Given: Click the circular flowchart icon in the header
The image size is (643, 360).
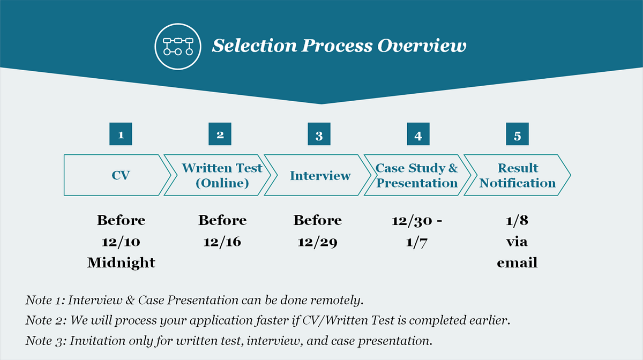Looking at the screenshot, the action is pos(178,47).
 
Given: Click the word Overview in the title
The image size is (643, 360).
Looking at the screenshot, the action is pos(422,46).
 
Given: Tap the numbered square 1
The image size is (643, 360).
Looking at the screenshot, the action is pos(121,134).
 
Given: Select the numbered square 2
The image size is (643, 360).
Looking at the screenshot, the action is pos(220,134).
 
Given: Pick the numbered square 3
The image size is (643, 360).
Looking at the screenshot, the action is pos(319,134).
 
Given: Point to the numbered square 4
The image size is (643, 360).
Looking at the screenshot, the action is pos(418,134).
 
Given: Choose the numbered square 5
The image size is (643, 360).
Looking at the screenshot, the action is pos(517,134).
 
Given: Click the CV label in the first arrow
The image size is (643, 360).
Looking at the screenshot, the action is pos(121,175).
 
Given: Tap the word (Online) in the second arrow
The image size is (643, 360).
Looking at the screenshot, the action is pos(222,183).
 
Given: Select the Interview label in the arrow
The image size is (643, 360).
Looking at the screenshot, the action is pos(320,176).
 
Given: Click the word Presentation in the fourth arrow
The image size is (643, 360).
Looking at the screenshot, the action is pos(417,183).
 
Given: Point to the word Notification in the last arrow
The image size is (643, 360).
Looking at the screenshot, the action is pos(518,183).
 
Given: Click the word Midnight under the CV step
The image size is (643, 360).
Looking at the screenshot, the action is pos(121,263).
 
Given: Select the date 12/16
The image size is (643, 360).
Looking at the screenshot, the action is pos(222,242).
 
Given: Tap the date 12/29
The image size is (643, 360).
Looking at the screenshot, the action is pos(317,242).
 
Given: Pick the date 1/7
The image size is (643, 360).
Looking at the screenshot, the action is pos(417,242).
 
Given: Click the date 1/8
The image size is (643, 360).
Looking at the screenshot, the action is pos(517,221).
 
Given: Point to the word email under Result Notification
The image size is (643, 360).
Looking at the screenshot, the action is pos(517,263).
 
